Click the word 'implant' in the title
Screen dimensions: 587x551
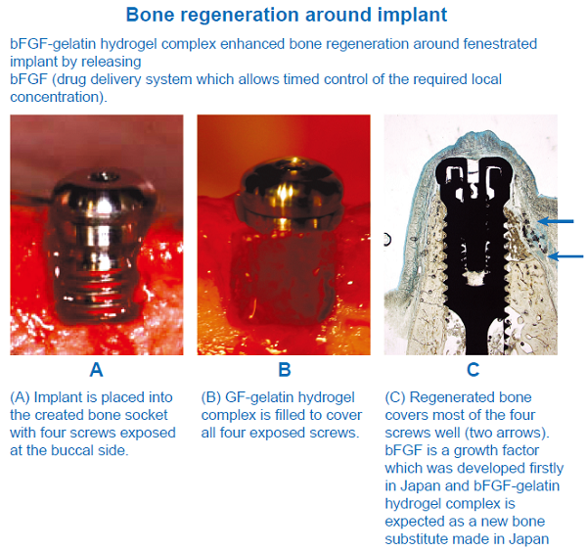pyautogui.click(x=412, y=16)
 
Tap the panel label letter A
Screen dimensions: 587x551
pyautogui.click(x=96, y=370)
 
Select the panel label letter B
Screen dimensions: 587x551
pyautogui.click(x=285, y=370)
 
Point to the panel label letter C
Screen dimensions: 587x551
pyautogui.click(x=474, y=370)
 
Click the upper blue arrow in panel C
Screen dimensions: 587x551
pyautogui.click(x=556, y=221)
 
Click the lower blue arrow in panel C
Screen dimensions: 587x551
pyautogui.click(x=565, y=256)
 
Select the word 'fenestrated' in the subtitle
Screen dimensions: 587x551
pyautogui.click(x=500, y=44)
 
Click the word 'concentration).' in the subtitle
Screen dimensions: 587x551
pyautogui.click(x=59, y=97)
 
